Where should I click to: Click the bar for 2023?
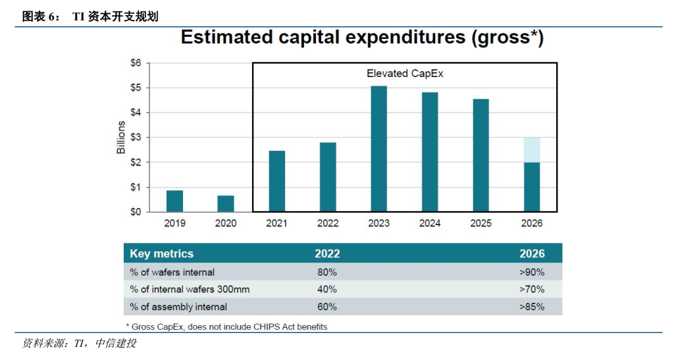pos(379,149)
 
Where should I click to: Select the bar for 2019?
pos(174,201)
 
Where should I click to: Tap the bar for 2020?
pos(226,203)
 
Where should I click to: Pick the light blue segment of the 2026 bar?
pos(532,150)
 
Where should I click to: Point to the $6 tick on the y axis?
pos(135,63)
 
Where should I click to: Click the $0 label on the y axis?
pos(135,212)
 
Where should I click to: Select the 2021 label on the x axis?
pos(276,224)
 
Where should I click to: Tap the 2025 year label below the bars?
pos(481,224)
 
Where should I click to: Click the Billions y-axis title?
pos(121,138)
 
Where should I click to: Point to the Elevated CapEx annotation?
pos(405,74)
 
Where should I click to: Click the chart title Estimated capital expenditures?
pos(362,38)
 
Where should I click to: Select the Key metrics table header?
pos(162,253)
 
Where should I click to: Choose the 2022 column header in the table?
pos(327,253)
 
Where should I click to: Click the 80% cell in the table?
pos(327,272)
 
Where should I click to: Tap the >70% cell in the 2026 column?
pos(531,289)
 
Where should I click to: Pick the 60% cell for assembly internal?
pos(327,307)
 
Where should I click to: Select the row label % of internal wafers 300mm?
pos(190,289)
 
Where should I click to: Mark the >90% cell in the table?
pos(531,272)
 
